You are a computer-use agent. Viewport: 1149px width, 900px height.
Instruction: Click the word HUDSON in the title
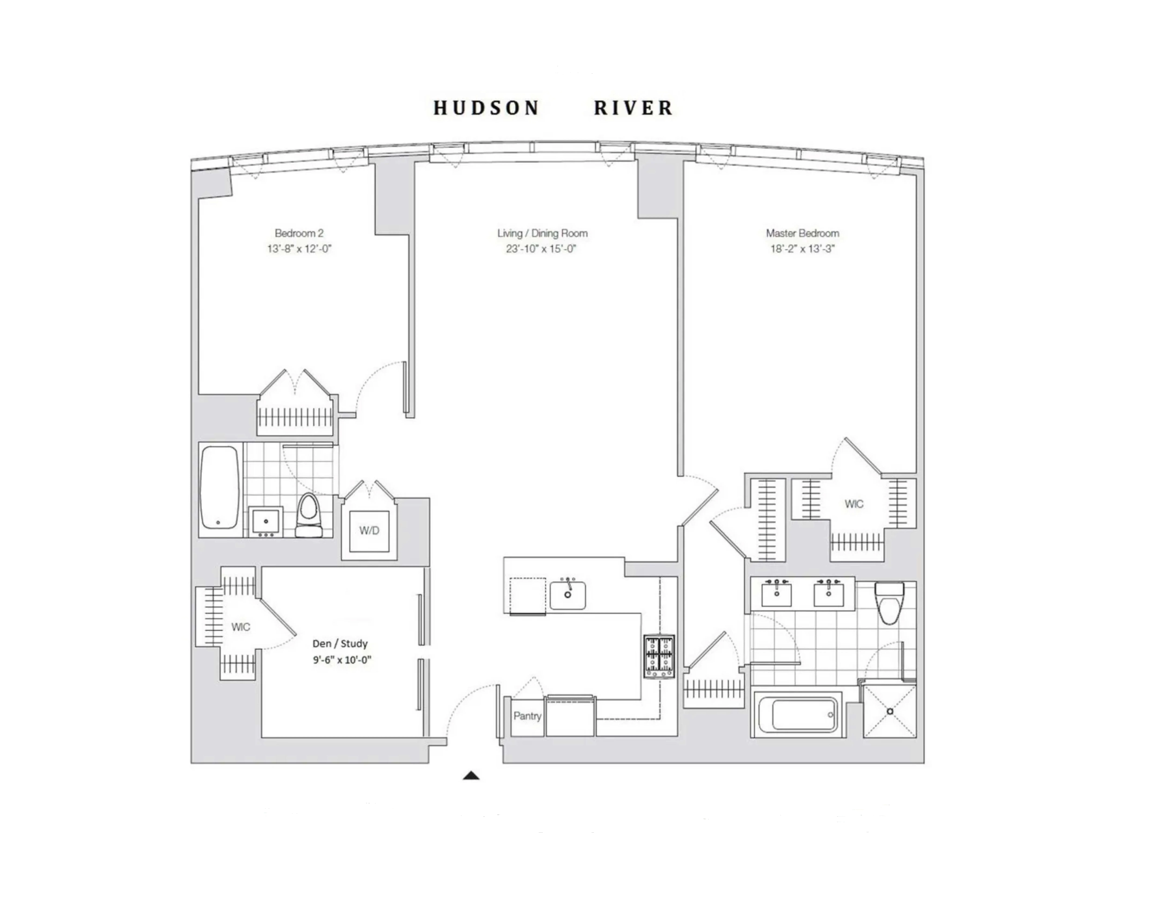[x=486, y=108]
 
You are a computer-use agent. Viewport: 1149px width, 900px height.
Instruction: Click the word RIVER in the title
[x=633, y=108]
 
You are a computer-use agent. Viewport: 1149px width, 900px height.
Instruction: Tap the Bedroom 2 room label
[x=299, y=233]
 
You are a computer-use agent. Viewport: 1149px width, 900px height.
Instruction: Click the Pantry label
[x=527, y=716]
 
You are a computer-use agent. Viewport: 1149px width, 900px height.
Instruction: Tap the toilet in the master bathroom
[x=889, y=602]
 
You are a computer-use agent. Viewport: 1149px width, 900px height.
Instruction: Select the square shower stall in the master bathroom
[x=889, y=711]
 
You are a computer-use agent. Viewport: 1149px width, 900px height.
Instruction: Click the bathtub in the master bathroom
[x=798, y=715]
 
